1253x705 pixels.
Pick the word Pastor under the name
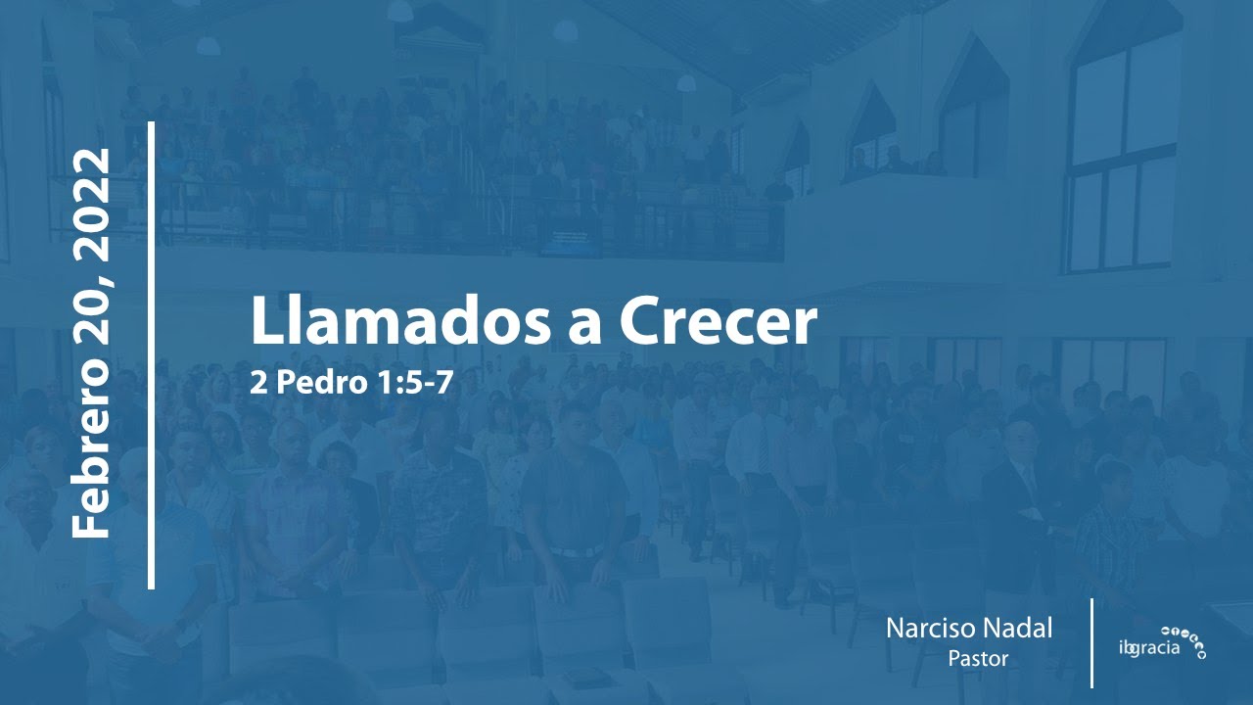[x=977, y=658]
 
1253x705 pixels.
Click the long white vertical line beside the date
[x=152, y=355]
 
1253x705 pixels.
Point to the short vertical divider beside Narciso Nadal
[x=1091, y=642]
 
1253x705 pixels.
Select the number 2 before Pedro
[x=257, y=383]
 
